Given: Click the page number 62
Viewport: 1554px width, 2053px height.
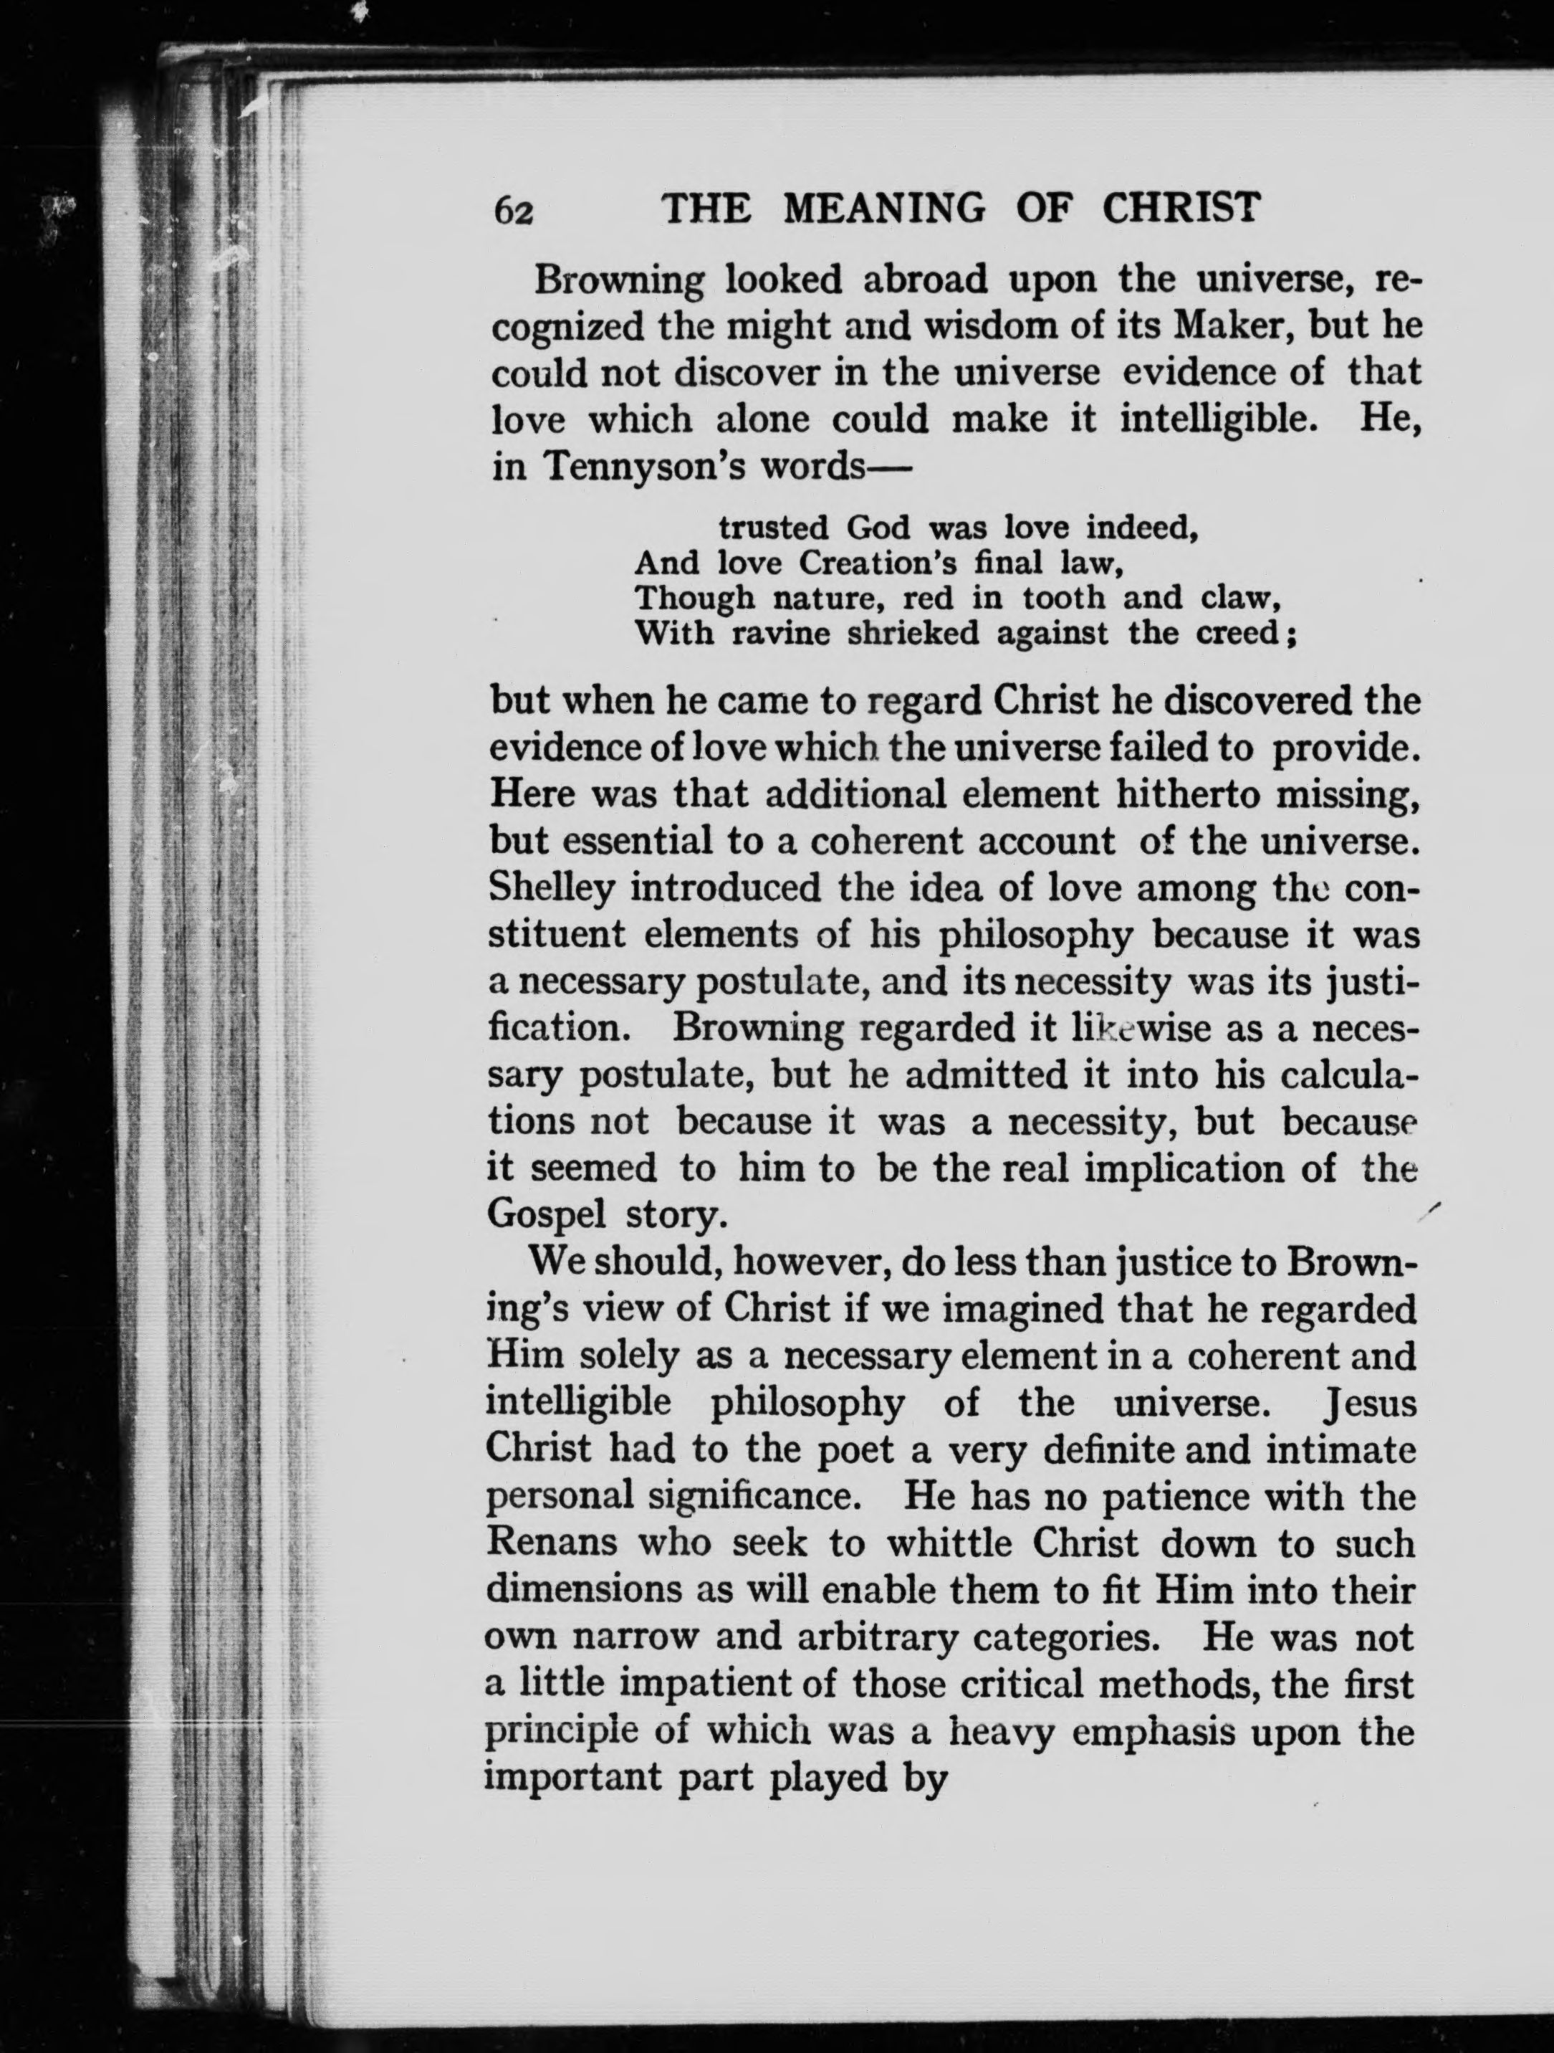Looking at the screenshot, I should point(513,211).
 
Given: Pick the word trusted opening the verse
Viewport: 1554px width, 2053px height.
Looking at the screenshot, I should point(774,528).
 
